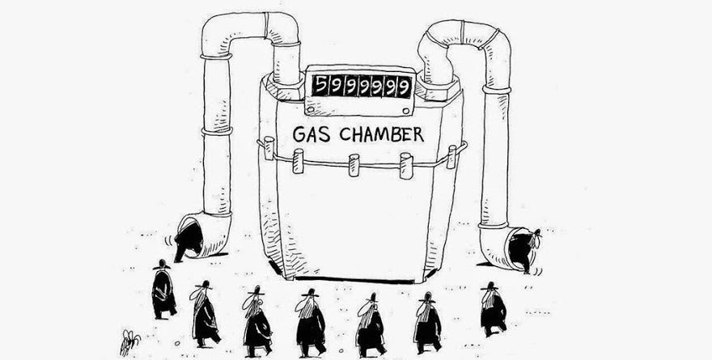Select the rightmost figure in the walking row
pos(493,308)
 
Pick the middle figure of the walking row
pos(310,322)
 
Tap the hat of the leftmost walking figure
pos(160,265)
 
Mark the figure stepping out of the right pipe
pos(528,249)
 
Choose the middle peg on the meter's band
pos(354,164)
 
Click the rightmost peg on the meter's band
pos(451,155)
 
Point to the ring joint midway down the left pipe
pos(217,130)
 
